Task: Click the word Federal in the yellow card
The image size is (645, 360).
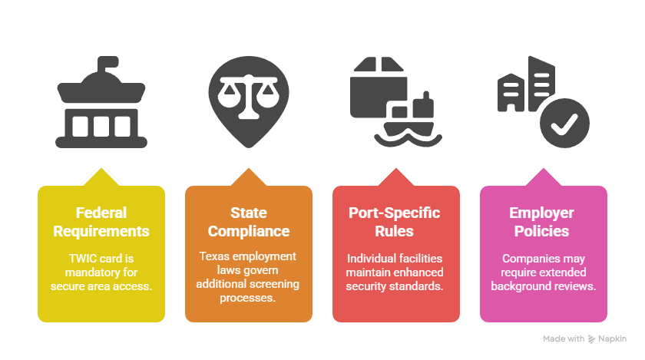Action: coord(101,213)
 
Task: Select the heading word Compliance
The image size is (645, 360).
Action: coord(249,231)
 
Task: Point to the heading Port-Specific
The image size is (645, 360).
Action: coord(395,213)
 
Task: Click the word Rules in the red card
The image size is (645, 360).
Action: coord(394,231)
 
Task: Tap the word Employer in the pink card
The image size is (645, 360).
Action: coord(541,213)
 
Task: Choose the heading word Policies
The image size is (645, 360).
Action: coord(541,231)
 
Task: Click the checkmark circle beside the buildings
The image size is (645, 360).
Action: coord(564,123)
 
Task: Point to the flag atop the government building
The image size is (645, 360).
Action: coord(107,64)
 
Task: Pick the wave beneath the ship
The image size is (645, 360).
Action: coord(408,140)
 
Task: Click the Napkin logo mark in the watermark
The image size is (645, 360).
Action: coord(591,339)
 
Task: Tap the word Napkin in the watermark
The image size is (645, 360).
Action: coord(612,339)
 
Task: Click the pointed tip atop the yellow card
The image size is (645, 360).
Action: coord(101,168)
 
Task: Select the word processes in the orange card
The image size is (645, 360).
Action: coord(247,298)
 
